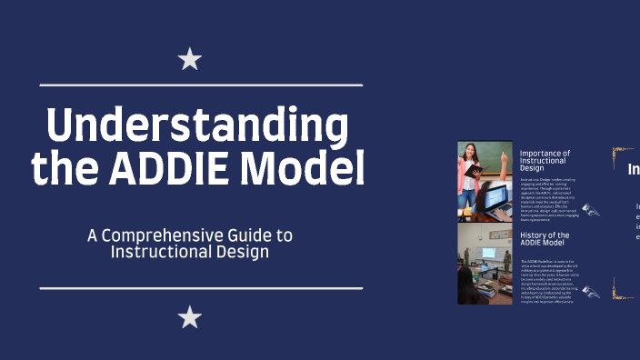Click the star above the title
pos(189,61)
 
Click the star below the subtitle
pos(189,316)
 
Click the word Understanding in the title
pos(197,125)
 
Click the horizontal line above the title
pos(201,85)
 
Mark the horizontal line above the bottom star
pos(201,288)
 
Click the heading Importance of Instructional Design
pos(545,160)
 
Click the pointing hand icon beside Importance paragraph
pos(591,210)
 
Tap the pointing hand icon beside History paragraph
pos(591,292)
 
